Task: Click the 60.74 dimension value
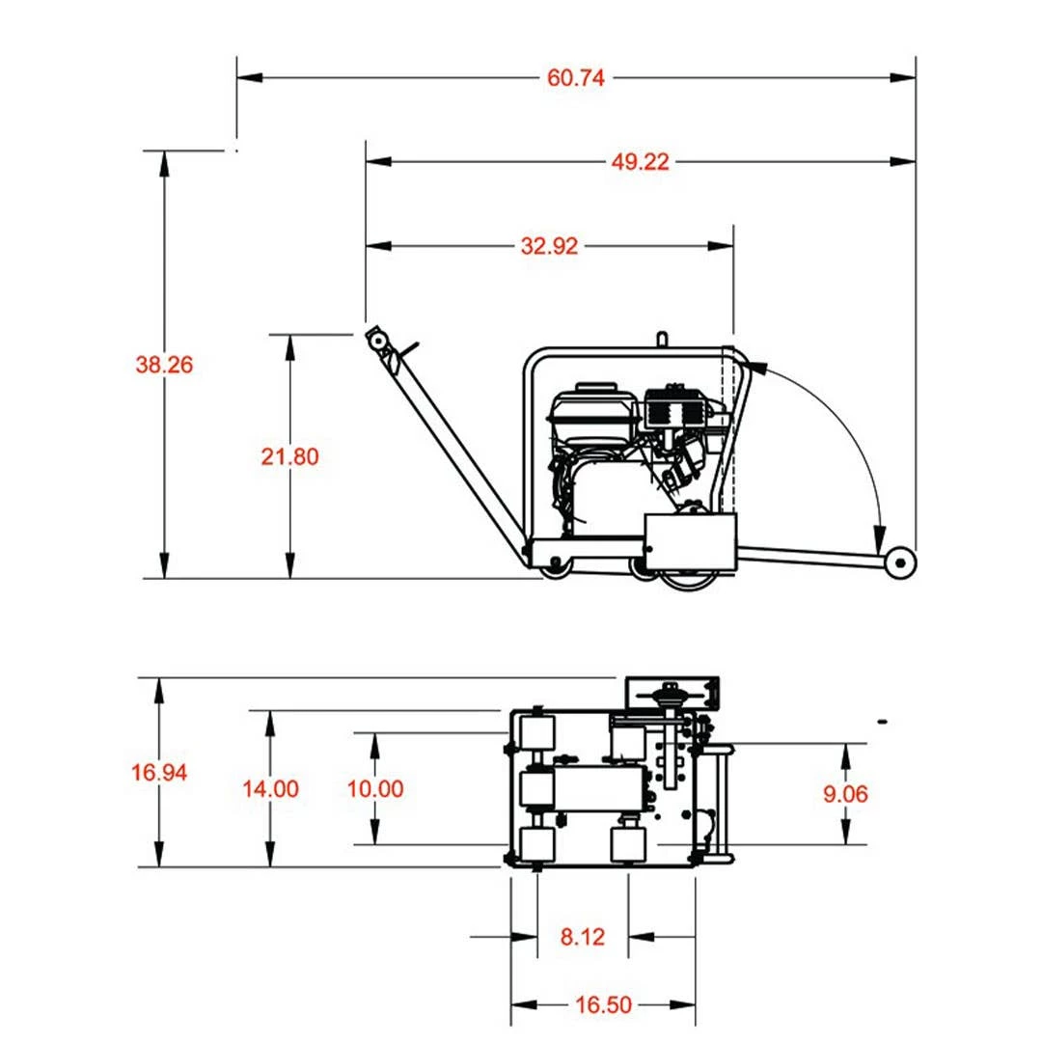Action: [x=576, y=78]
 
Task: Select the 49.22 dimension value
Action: [x=640, y=162]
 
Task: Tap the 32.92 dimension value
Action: [x=550, y=246]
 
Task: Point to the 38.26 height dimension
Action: [x=164, y=365]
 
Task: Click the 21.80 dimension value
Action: [x=289, y=456]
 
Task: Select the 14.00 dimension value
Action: [x=270, y=788]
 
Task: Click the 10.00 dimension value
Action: [x=375, y=788]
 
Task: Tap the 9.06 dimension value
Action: [x=846, y=794]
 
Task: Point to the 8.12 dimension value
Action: [x=583, y=936]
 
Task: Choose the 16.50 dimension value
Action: [x=603, y=1005]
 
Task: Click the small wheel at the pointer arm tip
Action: [x=901, y=563]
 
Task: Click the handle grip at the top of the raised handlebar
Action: [x=377, y=340]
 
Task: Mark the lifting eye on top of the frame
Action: [x=662, y=339]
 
